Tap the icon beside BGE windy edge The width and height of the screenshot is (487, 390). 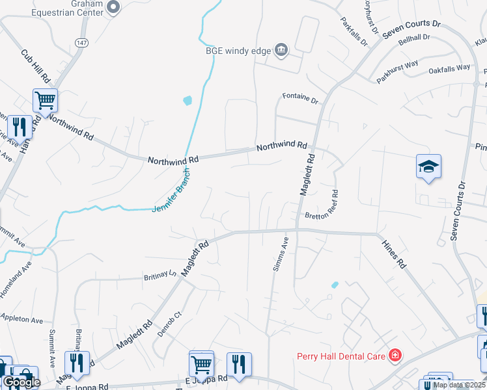tap(281, 49)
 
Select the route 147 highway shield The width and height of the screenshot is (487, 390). tap(81, 42)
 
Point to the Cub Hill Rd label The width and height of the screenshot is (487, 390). tap(35, 66)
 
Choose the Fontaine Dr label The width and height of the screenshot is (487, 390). tap(300, 100)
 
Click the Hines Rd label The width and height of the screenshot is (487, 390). tap(393, 252)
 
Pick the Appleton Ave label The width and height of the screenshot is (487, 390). tap(21, 320)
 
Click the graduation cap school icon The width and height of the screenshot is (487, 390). tap(429, 167)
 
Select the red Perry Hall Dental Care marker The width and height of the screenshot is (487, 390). tap(395, 355)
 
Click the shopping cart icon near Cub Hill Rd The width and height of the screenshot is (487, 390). tap(46, 101)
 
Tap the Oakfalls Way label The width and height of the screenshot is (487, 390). tap(449, 68)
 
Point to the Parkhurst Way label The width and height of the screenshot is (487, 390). tap(397, 73)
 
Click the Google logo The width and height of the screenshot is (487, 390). tap(21, 382)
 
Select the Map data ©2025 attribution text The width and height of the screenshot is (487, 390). tap(458, 385)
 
